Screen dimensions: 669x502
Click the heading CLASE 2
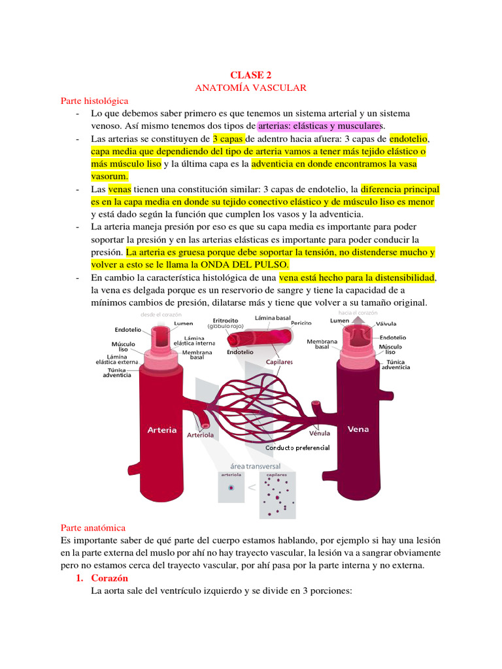[x=252, y=75]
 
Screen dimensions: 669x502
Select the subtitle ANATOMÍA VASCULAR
[x=251, y=88]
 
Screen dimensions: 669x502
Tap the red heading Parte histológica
[x=95, y=101]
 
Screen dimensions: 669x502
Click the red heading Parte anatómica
[x=93, y=527]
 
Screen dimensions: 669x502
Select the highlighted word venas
[x=120, y=189]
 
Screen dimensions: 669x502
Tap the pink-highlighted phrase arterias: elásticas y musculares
[x=319, y=125]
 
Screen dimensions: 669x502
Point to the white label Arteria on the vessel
[x=162, y=430]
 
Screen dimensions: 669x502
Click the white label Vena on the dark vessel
[x=358, y=429]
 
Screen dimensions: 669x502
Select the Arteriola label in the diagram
[x=200, y=434]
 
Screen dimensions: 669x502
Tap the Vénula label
[x=319, y=432]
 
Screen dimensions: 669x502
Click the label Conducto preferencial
[x=297, y=448]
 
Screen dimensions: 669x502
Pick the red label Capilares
[x=278, y=361]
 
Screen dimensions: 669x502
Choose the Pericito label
[x=301, y=323]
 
